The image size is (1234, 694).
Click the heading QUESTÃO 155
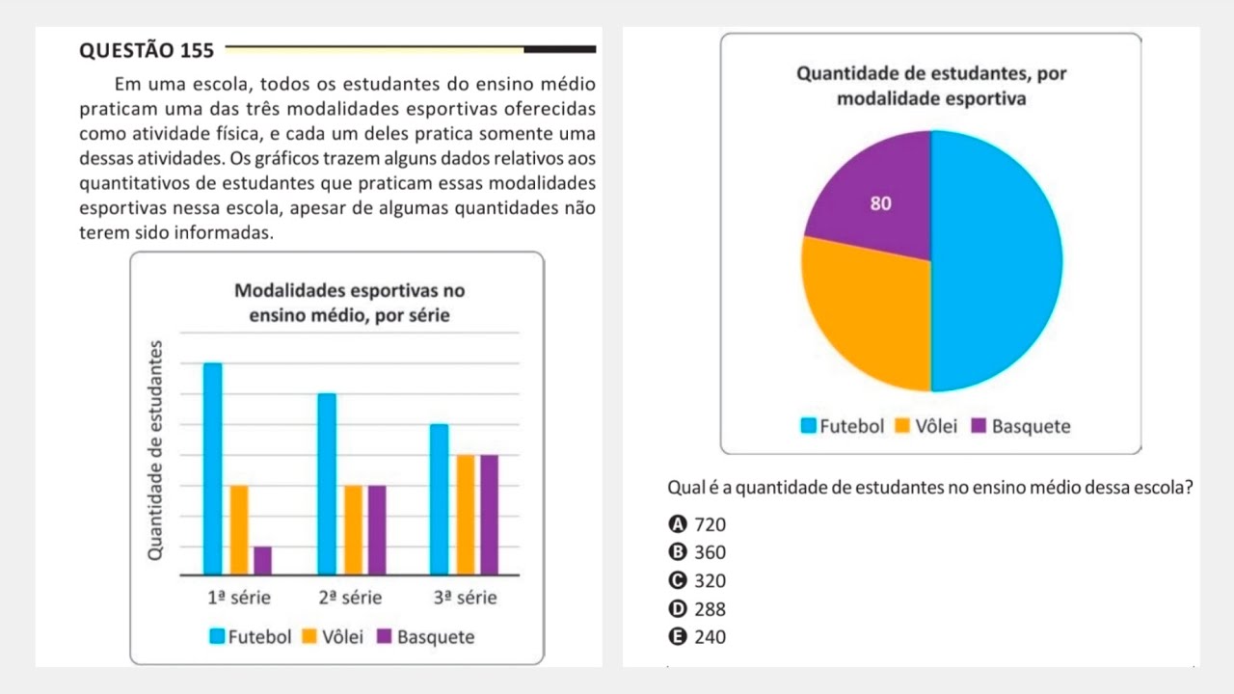tap(147, 51)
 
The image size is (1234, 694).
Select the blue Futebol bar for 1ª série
tap(213, 468)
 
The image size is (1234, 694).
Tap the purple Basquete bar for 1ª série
tap(262, 560)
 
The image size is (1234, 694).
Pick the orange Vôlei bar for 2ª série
tap(353, 529)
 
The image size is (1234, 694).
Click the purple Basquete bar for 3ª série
tap(489, 514)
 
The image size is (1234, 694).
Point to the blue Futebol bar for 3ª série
tap(440, 499)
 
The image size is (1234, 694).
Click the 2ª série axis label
tap(350, 598)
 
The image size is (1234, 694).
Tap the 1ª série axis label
tap(239, 598)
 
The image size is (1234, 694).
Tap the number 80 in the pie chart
tap(880, 203)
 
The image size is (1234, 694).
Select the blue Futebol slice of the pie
tap(998, 260)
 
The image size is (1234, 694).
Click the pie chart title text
tap(930, 87)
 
